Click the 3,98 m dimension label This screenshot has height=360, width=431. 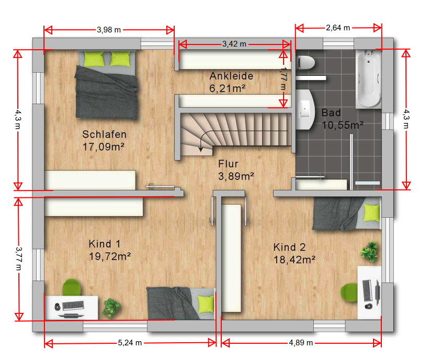(109, 30)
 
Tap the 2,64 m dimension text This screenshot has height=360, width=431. (338, 28)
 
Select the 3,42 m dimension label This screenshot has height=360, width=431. (234, 44)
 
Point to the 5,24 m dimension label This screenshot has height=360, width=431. (130, 343)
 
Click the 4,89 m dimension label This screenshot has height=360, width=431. (301, 343)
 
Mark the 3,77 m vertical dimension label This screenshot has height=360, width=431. (19, 258)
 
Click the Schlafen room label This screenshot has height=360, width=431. (105, 134)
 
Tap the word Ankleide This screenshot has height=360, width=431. (231, 76)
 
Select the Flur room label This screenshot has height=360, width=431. (228, 164)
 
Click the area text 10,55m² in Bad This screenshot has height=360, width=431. (343, 125)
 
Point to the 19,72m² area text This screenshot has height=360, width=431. (110, 256)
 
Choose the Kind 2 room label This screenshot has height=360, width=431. (289, 248)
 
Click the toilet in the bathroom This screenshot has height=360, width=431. (305, 63)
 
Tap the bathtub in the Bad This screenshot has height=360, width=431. (368, 79)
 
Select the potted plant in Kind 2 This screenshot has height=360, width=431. (369, 251)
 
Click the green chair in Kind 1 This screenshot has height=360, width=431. (72, 287)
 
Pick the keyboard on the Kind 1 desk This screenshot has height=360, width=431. (73, 305)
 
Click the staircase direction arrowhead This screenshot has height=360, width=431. (201, 149)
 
